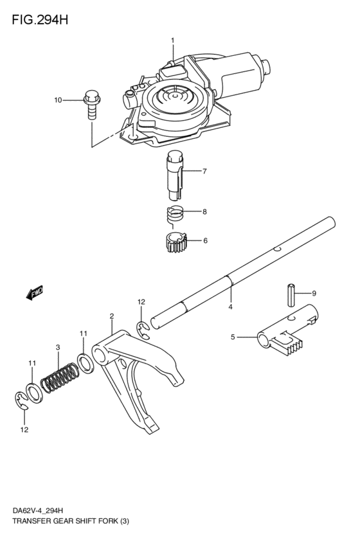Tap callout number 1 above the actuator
point(172,41)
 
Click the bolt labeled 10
point(91,105)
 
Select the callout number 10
point(58,100)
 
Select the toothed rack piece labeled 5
point(286,337)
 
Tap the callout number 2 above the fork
point(112,316)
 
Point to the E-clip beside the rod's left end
point(143,329)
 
